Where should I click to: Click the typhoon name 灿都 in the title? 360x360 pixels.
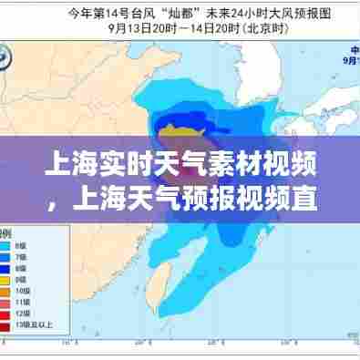click(x=180, y=13)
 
